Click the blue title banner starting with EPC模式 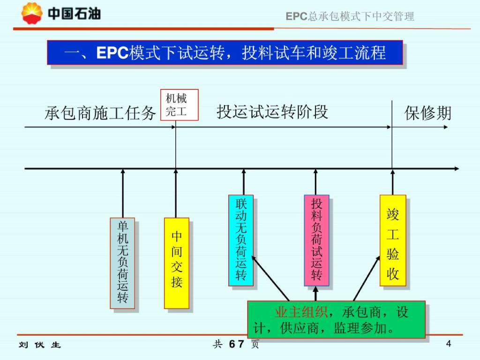(x=225, y=53)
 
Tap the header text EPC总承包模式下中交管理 (x=350, y=16)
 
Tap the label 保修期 (x=427, y=113)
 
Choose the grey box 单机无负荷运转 (x=122, y=262)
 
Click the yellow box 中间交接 (x=177, y=262)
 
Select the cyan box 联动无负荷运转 (x=241, y=240)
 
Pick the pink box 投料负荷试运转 (x=316, y=240)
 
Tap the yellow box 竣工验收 (x=392, y=240)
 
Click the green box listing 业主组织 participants (x=336, y=319)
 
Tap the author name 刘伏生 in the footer (x=40, y=345)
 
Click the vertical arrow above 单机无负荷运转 (x=123, y=193)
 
